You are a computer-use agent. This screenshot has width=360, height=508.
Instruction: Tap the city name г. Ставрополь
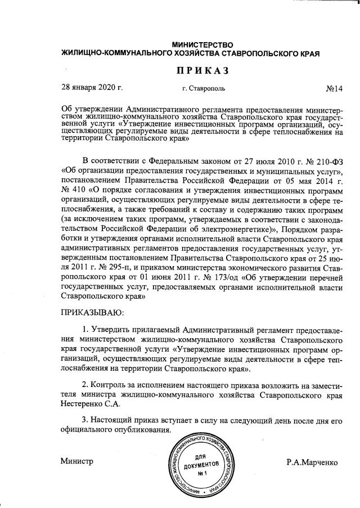[x=204, y=89]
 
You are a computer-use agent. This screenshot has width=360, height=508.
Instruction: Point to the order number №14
[x=334, y=89]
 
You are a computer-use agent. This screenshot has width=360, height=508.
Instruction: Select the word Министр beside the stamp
[x=76, y=462]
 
